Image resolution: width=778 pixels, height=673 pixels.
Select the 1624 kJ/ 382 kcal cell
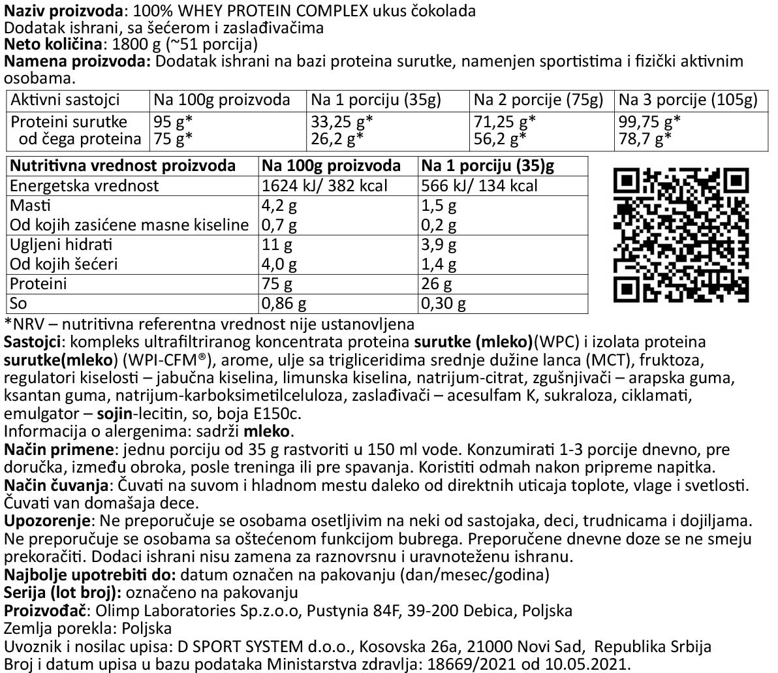click(x=324, y=186)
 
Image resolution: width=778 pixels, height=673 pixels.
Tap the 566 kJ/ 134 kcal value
click(x=480, y=186)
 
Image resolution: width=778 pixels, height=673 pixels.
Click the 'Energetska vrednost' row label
click(x=85, y=186)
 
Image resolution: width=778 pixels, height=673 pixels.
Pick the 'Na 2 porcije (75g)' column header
click(x=538, y=100)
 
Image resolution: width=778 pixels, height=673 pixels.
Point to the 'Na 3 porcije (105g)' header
click(x=688, y=100)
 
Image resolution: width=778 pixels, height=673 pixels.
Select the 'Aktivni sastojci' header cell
click(x=65, y=100)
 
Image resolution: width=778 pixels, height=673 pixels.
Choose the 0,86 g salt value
click(x=283, y=304)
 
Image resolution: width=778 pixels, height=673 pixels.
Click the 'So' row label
click(x=20, y=304)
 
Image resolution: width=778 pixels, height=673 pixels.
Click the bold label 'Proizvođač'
click(x=44, y=611)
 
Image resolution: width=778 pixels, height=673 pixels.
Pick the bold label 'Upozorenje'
click(x=50, y=522)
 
